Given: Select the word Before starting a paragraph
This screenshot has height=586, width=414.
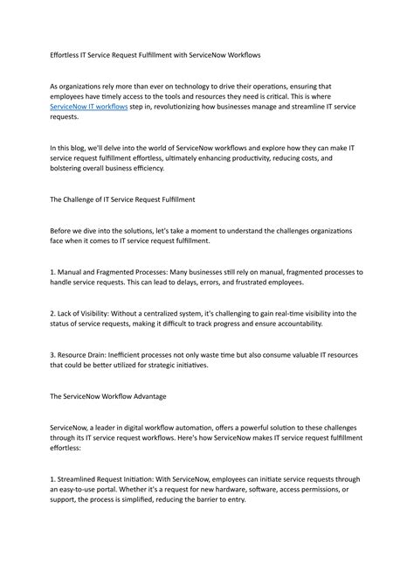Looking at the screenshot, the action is pyautogui.click(x=63, y=231).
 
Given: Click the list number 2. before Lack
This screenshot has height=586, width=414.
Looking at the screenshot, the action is pyautogui.click(x=53, y=312).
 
